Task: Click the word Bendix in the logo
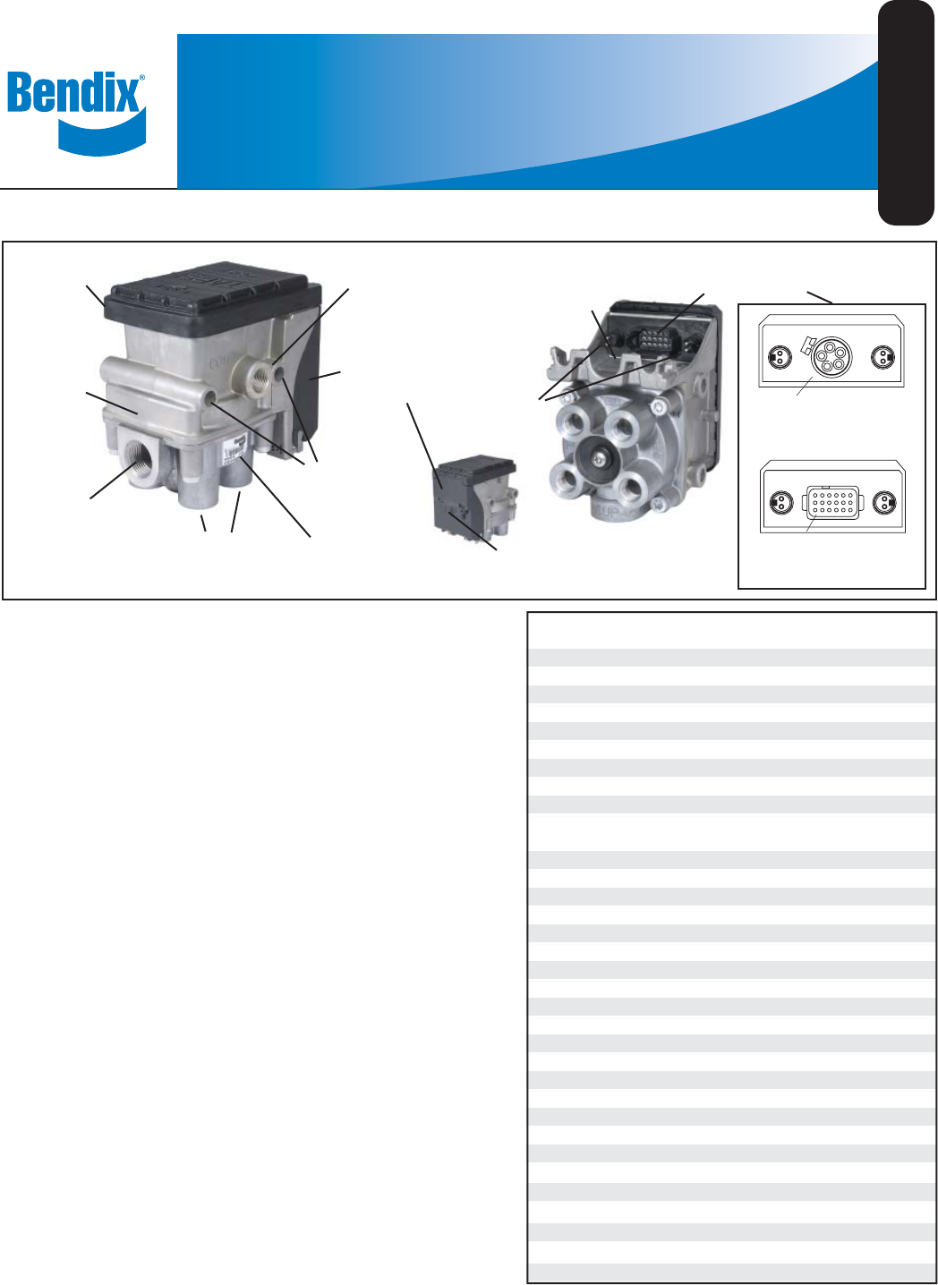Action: click(73, 93)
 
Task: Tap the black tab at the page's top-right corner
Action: click(906, 112)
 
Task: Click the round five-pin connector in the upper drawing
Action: click(832, 357)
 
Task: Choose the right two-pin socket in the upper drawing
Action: click(884, 357)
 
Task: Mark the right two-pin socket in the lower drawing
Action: click(884, 502)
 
